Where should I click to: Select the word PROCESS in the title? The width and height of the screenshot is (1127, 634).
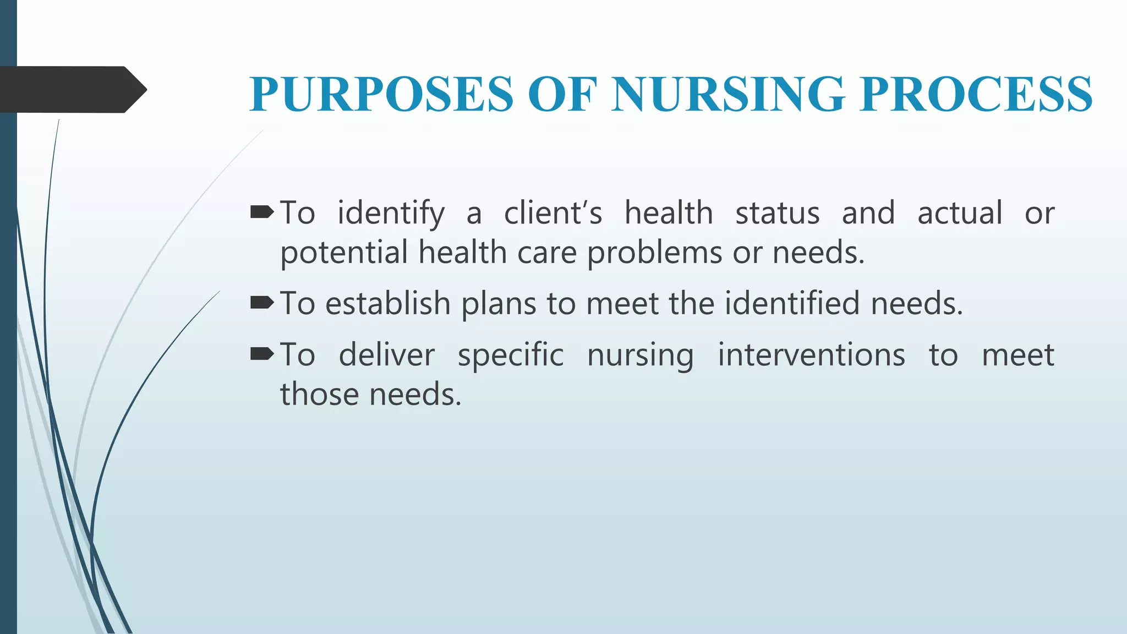click(x=976, y=94)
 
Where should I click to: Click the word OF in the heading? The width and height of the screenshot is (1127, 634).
click(x=562, y=94)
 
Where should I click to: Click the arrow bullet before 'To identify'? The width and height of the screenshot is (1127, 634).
click(x=262, y=212)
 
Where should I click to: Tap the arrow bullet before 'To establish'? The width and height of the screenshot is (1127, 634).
click(x=262, y=302)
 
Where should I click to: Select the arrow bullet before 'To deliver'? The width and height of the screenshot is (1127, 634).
click(x=262, y=354)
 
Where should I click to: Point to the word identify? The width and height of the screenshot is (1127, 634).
click(x=391, y=214)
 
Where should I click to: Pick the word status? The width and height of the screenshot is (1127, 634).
click(x=777, y=213)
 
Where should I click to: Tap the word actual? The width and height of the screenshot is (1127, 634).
click(x=960, y=213)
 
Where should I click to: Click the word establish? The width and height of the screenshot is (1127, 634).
click(x=388, y=303)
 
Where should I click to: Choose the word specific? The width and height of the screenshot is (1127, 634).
click(x=511, y=356)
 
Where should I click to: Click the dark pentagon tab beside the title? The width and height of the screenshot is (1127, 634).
click(x=72, y=89)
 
